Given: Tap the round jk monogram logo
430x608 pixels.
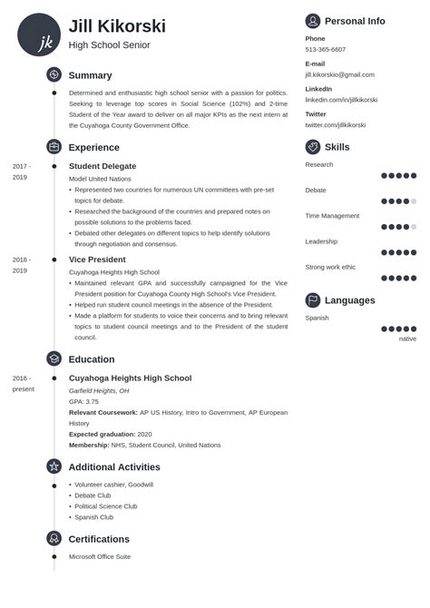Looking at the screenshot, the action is [39, 35].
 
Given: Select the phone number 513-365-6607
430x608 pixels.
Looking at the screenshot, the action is [325, 50].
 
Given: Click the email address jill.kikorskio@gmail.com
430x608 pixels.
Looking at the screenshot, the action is [339, 74].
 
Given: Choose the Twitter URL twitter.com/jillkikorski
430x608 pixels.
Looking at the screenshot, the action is [336, 124].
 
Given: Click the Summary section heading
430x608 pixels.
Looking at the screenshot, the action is [90, 75].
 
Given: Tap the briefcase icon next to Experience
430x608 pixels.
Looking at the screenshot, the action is [54, 146].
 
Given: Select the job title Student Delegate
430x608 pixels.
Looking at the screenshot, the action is [103, 166].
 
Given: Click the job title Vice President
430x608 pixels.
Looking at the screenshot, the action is [97, 260].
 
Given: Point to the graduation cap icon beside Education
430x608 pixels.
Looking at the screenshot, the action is [54, 358].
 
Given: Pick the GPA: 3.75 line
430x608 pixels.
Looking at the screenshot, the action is [83, 401].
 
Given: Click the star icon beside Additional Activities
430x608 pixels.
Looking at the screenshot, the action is [54, 466].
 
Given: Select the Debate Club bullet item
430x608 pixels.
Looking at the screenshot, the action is [93, 495].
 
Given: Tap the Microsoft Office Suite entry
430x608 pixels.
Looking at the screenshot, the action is [100, 556].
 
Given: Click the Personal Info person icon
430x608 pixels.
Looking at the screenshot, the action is [313, 21].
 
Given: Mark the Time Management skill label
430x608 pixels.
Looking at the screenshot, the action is [332, 216].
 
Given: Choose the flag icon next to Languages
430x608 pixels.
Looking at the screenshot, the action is [313, 300].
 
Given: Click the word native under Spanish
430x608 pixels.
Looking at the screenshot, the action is [407, 338].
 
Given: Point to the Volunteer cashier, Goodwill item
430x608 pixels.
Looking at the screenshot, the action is [113, 485].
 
